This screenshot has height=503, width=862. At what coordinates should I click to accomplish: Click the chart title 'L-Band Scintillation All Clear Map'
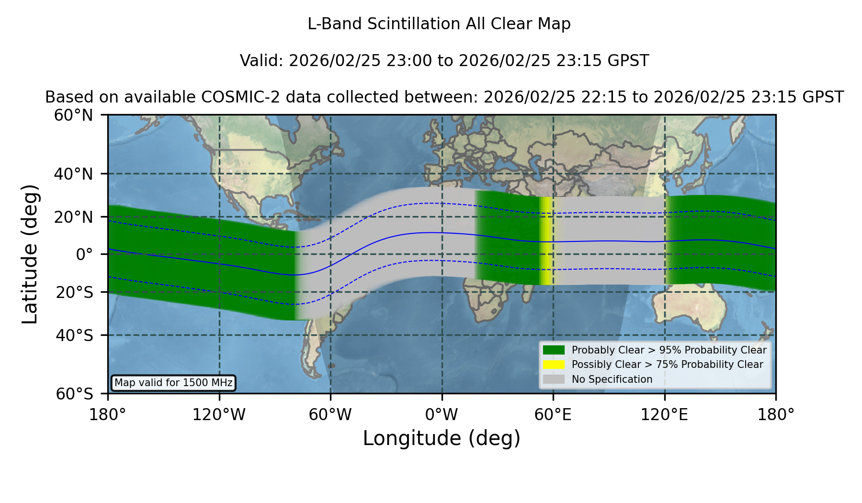(x=439, y=24)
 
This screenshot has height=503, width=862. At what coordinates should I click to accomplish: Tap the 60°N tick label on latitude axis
(x=73, y=115)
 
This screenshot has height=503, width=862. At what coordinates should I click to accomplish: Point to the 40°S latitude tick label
(x=74, y=335)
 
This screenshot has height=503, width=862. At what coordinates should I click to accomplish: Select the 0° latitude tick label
(x=84, y=254)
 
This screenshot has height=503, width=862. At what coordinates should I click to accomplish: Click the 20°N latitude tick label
(x=73, y=217)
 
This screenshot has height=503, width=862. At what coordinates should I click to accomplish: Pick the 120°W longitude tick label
(x=219, y=414)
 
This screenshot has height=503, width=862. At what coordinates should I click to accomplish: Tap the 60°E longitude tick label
(x=553, y=414)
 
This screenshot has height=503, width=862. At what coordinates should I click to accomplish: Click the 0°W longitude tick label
(x=442, y=414)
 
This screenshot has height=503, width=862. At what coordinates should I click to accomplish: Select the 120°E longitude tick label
(x=664, y=414)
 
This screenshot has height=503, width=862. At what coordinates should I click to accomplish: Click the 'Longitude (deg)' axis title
(x=442, y=438)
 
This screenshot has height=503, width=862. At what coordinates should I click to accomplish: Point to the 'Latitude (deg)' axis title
(x=30, y=254)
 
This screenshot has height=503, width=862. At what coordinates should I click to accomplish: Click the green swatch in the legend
(x=554, y=350)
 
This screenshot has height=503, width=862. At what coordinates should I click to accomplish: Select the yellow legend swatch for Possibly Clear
(x=554, y=365)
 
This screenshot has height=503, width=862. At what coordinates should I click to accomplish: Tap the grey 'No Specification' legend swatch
(x=554, y=379)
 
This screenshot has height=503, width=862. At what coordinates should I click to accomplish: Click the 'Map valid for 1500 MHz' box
(x=173, y=383)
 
